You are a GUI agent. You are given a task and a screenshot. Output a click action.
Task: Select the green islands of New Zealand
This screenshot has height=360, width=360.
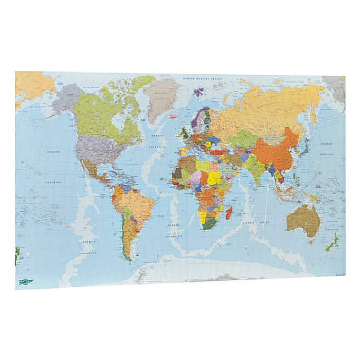pos(332,243)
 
